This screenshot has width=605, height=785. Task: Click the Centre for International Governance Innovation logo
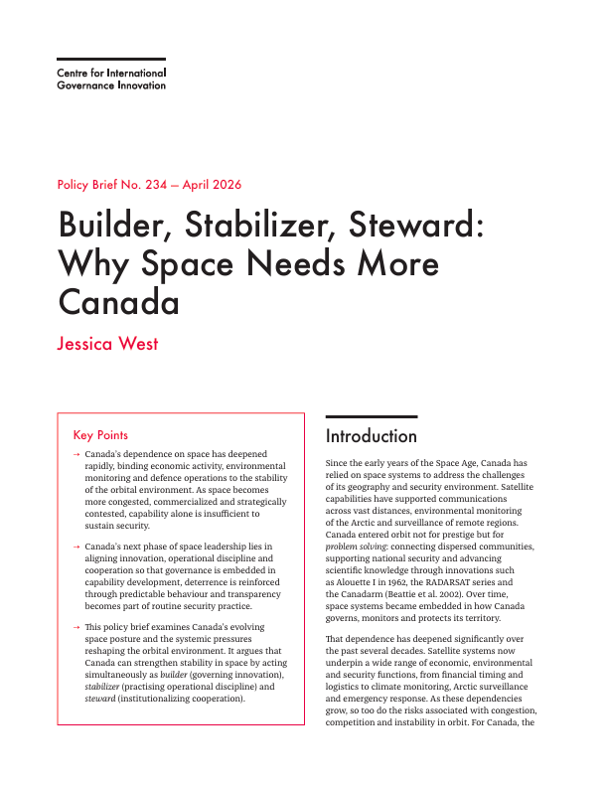point(110,79)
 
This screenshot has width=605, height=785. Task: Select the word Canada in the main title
point(119,300)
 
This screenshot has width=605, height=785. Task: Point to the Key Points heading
point(100,434)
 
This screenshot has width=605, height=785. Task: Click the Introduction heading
point(372,436)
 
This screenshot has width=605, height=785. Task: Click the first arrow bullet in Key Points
point(76,453)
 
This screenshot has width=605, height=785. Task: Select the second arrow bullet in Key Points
point(76,547)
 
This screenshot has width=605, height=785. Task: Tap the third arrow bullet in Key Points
point(76,627)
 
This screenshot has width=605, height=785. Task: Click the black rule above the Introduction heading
point(372,417)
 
